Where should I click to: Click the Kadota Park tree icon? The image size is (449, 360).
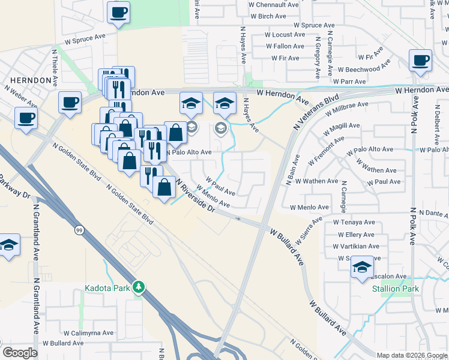click(139, 287)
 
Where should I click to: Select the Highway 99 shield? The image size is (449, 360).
click(79, 230)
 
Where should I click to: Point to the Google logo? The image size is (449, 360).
click(19, 353)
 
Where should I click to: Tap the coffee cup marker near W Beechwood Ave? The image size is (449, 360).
click(420, 60)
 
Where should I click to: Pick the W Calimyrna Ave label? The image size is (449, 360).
click(88, 332)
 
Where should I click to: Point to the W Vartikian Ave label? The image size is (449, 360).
click(356, 246)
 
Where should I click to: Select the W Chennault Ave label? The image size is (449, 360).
click(274, 4)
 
